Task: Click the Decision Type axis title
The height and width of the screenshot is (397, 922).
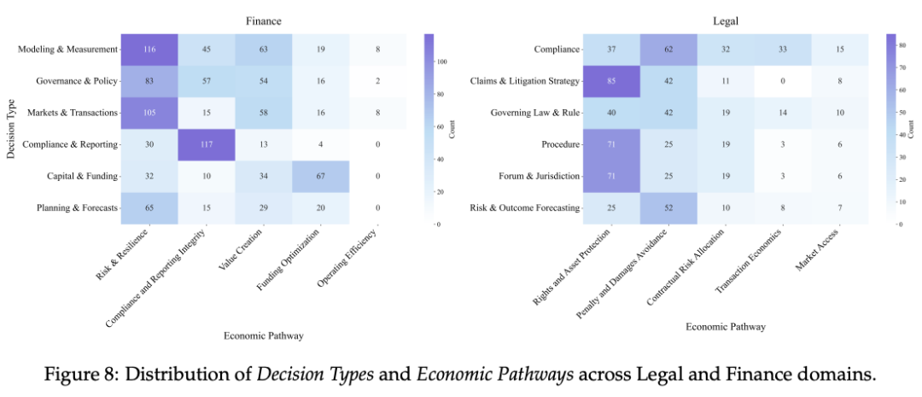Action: click(10, 129)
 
